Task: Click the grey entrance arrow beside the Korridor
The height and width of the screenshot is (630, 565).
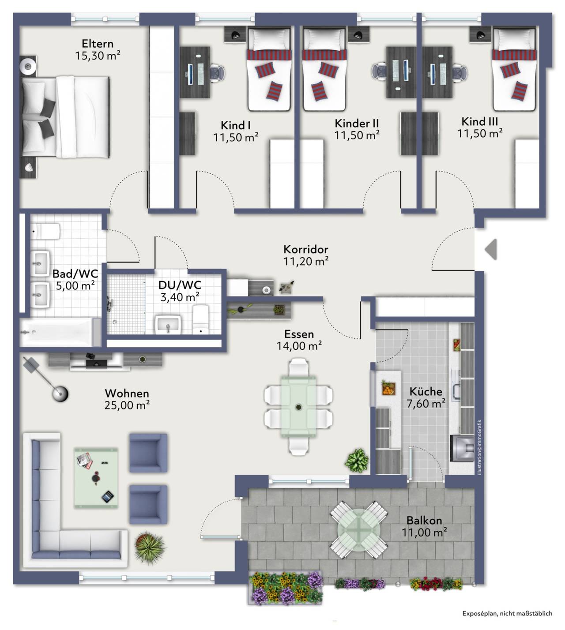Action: coord(491,249)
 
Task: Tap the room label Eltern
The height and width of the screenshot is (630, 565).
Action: coord(98,44)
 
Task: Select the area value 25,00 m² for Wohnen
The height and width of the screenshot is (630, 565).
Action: coord(127,405)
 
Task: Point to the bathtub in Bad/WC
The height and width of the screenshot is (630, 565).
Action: coord(60,332)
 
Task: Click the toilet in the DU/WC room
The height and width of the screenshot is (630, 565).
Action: coord(201,319)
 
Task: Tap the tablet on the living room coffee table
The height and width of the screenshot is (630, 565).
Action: coord(108,497)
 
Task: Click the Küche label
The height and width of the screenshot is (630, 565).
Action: coord(426,391)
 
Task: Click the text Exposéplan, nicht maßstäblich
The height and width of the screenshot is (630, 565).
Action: coord(507,614)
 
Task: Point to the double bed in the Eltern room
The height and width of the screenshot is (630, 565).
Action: coord(66,117)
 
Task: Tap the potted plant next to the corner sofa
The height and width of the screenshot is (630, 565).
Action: coord(150,547)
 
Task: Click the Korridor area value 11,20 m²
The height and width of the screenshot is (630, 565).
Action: coord(306,261)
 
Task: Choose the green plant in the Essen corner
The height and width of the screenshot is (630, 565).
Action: coord(357,460)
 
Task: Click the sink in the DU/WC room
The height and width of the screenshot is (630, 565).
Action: coord(168,325)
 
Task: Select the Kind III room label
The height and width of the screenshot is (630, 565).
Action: coord(479,122)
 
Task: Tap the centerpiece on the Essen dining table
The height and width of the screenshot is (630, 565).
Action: coord(299,407)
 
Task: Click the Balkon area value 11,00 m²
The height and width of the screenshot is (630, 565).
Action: coord(424,532)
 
